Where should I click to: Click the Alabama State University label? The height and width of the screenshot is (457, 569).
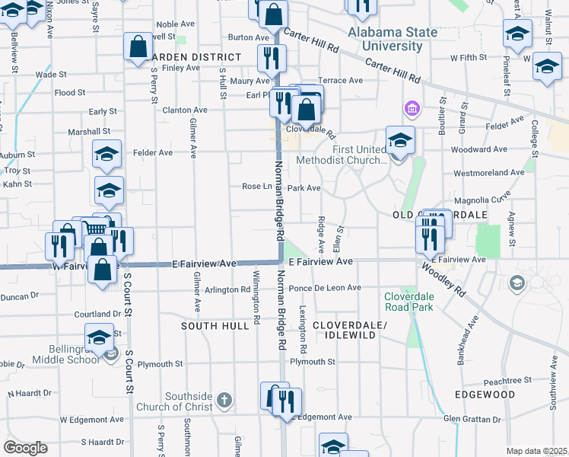click(393, 39)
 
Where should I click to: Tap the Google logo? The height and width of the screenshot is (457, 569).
click(25, 448)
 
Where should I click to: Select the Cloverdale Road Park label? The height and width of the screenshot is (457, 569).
click(408, 302)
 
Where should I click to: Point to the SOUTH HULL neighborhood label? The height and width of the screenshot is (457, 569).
click(215, 325)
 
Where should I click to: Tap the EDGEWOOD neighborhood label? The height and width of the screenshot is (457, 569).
click(485, 395)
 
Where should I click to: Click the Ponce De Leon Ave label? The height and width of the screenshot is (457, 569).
click(325, 288)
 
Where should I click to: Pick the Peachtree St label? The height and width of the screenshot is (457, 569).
click(505, 380)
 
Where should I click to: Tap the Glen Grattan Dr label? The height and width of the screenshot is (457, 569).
click(473, 417)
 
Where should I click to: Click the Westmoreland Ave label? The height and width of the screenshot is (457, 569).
click(489, 173)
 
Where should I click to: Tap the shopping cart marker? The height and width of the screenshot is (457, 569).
click(94, 228)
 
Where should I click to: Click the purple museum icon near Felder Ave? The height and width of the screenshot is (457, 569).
click(413, 110)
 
